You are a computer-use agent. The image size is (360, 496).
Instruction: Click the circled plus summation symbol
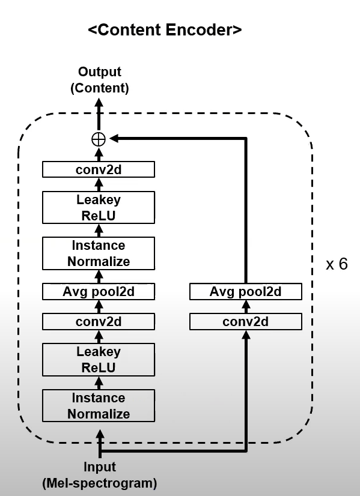tap(99, 139)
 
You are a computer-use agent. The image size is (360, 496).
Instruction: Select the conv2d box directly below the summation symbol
tap(99, 169)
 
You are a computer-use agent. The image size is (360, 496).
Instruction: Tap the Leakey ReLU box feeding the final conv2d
tap(99, 208)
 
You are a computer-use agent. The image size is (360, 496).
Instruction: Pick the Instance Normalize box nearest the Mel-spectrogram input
tap(99, 405)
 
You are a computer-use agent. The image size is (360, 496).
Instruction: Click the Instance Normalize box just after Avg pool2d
tap(99, 253)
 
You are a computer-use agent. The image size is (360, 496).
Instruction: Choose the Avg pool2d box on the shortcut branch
tap(246, 291)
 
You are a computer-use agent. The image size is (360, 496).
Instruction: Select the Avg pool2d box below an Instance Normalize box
tap(99, 291)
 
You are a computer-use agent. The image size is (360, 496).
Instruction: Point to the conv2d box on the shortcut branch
tap(246, 322)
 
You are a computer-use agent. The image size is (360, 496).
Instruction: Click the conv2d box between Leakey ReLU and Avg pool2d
tap(99, 322)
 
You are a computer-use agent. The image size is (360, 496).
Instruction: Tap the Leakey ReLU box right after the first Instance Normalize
tap(99, 360)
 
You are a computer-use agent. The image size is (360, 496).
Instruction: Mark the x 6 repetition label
tap(337, 264)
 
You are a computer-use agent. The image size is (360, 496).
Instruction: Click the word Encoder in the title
tap(203, 30)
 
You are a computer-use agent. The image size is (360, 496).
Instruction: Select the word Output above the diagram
tap(100, 72)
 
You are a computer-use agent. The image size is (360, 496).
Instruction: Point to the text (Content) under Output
tap(100, 88)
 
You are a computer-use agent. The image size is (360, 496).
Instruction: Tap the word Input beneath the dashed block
tap(100, 467)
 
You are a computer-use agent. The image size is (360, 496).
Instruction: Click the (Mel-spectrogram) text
tap(100, 483)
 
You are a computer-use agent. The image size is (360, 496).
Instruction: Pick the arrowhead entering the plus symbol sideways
tap(114, 138)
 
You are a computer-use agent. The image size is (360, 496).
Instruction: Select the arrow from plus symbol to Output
tap(99, 114)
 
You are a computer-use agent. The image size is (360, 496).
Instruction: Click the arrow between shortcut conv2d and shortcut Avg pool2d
tap(246, 306)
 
